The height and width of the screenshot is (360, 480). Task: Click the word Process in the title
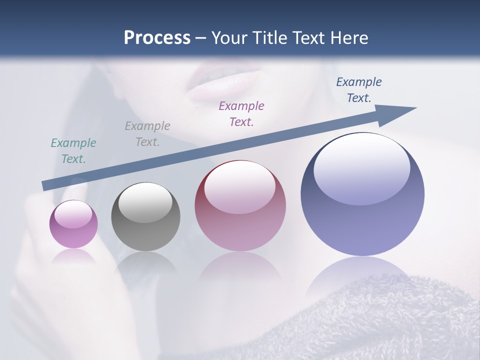tap(157, 38)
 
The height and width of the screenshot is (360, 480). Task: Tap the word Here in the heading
tap(348, 38)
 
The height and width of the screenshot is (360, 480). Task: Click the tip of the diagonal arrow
tap(415, 108)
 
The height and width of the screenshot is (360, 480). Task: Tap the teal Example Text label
tap(73, 151)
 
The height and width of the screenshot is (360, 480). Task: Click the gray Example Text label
tap(147, 134)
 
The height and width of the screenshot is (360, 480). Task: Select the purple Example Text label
tap(241, 113)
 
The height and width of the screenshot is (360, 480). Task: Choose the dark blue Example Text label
tap(359, 90)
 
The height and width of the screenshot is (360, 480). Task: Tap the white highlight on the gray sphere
tap(145, 202)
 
